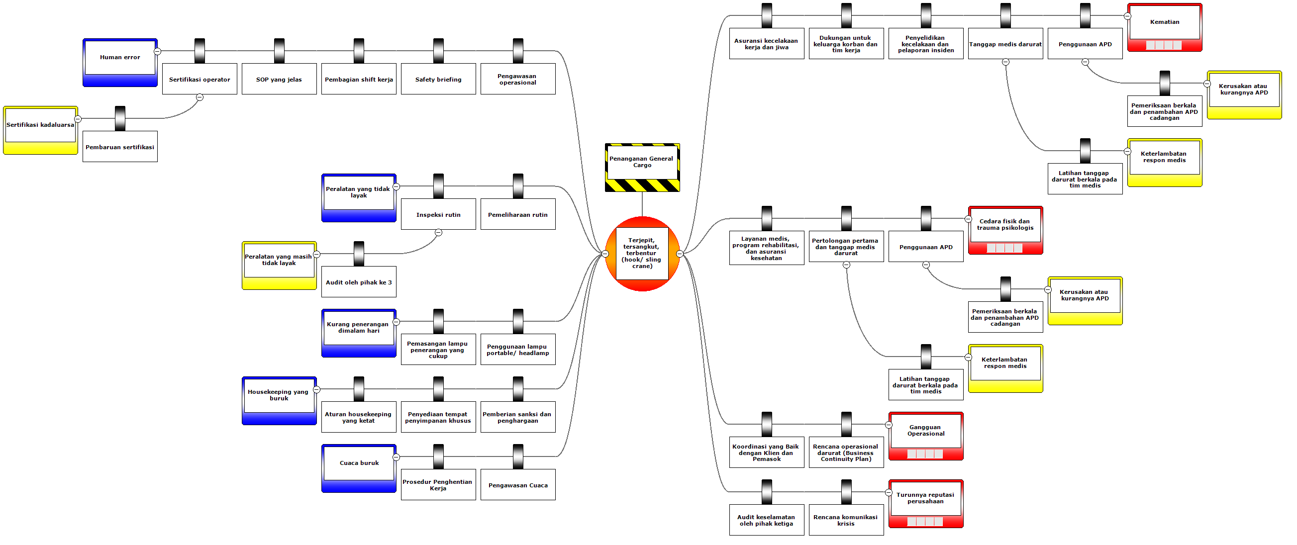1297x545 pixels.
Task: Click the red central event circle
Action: pos(642,253)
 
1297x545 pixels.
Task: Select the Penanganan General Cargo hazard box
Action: pos(642,162)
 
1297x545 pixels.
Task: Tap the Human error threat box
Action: pos(120,58)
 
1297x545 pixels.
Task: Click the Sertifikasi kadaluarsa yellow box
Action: pos(40,125)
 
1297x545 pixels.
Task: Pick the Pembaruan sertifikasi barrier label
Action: pos(120,147)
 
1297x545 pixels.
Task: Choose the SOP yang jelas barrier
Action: pos(279,79)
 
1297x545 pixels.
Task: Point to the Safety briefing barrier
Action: pos(438,79)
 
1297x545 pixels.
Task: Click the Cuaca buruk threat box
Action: pos(359,463)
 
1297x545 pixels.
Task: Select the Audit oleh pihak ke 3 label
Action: pos(359,282)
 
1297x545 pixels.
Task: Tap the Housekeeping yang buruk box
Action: pos(279,395)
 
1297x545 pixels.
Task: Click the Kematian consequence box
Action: pos(1165,23)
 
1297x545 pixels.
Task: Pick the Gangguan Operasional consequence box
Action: pos(926,431)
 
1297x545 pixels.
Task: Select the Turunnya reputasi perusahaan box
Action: pos(926,498)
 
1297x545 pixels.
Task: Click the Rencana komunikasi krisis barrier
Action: pos(846,520)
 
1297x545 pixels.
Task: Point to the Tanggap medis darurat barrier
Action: pos(1005,44)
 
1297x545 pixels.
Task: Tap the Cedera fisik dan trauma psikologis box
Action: pos(1005,225)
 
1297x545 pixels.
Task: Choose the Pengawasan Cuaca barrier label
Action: pos(517,485)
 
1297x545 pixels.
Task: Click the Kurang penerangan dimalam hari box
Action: pos(359,328)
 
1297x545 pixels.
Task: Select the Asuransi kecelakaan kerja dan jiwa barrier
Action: pos(766,44)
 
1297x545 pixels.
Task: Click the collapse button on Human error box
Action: pos(157,51)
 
